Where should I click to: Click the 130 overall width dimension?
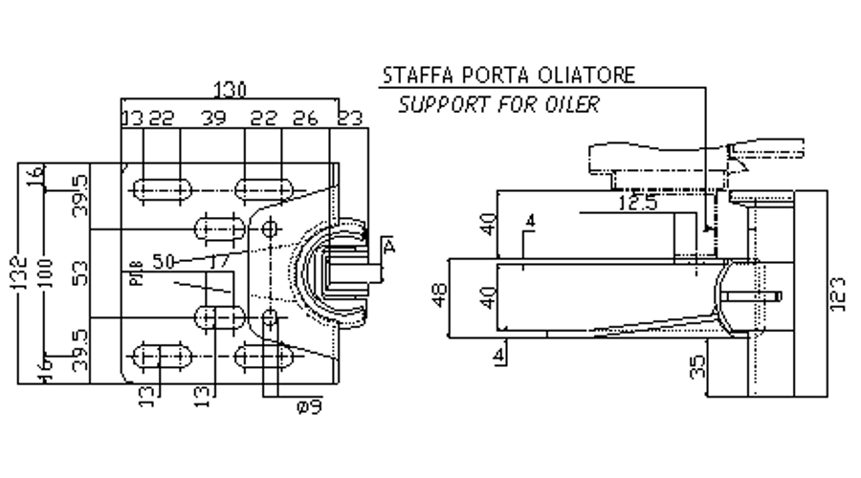click(x=230, y=90)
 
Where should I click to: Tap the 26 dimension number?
click(x=304, y=118)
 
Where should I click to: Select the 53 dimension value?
click(x=81, y=272)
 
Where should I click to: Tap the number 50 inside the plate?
click(x=163, y=259)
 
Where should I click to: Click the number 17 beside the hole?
click(x=219, y=258)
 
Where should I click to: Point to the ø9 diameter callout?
click(x=308, y=406)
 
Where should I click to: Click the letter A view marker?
click(x=388, y=247)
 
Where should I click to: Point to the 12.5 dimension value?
click(x=636, y=203)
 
